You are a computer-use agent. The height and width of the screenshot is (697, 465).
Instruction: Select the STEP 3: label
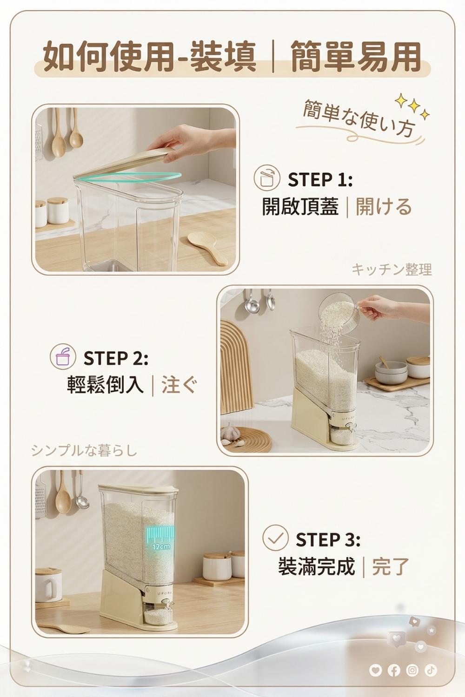pos(328,539)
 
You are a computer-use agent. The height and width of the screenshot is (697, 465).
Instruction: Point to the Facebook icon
pos(394,670)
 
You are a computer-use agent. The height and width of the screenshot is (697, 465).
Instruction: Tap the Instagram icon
pos(412,670)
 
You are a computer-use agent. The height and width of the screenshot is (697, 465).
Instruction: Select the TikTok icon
pos(431,670)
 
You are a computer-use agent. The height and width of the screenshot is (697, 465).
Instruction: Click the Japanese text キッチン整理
pos(392,270)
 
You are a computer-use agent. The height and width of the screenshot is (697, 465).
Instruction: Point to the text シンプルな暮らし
pos(84,451)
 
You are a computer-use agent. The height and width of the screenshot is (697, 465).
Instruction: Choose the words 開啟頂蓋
pos(300,207)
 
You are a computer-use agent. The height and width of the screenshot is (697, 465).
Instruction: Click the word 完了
pos(391,566)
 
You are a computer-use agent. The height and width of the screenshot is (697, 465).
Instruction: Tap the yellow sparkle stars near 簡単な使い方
pos(412,107)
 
